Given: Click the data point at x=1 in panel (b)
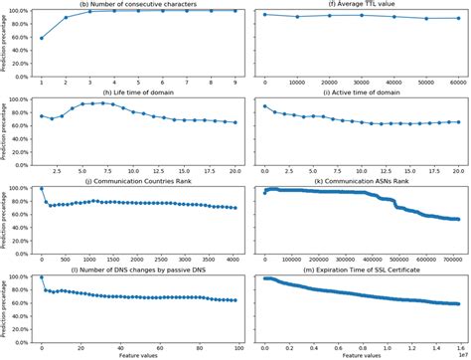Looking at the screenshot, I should pyautogui.click(x=41, y=38).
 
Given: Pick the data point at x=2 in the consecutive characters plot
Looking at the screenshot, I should pyautogui.click(x=67, y=18).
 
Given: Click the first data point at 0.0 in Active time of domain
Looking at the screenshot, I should pyautogui.click(x=264, y=105).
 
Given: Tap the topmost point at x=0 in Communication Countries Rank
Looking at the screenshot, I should pyautogui.click(x=41, y=188).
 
